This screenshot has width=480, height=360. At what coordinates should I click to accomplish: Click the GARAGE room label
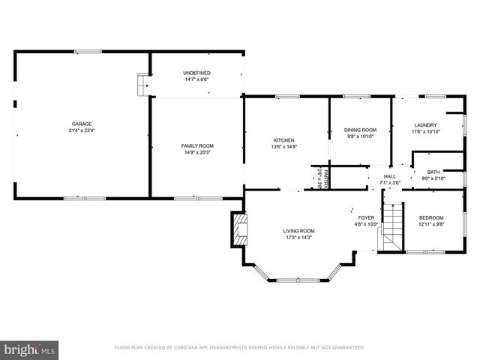tap(82, 124)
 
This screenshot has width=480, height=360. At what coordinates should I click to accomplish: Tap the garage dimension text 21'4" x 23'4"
tap(82, 130)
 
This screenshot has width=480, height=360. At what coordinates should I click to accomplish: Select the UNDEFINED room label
tap(196, 72)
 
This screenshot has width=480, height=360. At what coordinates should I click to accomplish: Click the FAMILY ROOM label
tap(197, 145)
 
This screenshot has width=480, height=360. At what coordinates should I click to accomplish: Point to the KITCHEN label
tap(283, 140)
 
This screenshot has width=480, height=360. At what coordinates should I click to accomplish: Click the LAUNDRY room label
tap(424, 125)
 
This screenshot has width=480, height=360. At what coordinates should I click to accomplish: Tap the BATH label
tap(433, 172)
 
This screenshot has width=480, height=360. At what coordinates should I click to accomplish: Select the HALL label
tap(390, 175)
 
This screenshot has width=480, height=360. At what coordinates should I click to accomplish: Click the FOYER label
tap(365, 217)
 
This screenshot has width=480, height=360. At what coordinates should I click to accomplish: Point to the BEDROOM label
tap(430, 217)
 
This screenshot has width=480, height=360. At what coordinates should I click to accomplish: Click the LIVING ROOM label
tap(298, 231)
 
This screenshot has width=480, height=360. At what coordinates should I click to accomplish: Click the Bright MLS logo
tap(29, 349)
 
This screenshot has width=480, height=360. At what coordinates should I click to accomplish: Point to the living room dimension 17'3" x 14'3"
tap(298, 238)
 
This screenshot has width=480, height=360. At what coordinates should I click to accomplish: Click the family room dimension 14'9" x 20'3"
tap(197, 152)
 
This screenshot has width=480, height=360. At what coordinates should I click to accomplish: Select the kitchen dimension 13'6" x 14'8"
tap(283, 147)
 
